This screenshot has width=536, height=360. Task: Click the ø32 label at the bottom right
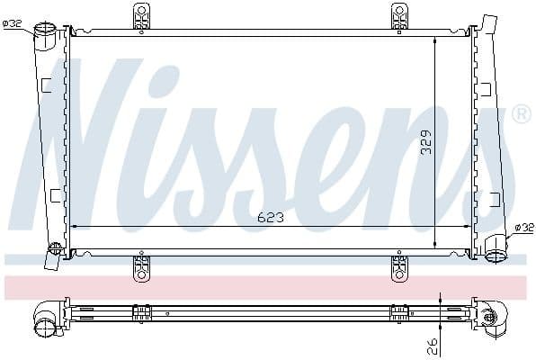(523, 228)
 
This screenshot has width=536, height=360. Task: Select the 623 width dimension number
(269, 215)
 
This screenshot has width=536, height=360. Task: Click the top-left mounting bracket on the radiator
(141, 16)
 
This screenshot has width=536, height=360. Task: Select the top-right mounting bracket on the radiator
(399, 16)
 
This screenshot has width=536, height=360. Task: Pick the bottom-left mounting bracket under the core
(141, 267)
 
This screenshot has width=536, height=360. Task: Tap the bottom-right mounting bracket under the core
(399, 267)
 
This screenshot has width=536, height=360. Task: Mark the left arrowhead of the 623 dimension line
(74, 226)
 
